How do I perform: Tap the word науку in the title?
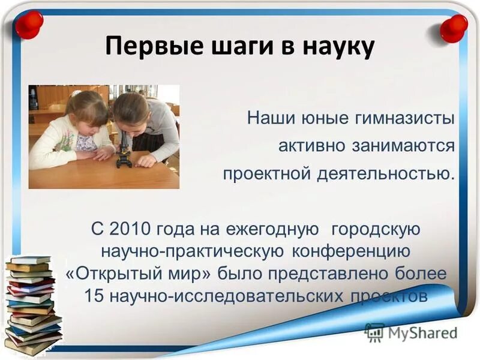tap(333, 46)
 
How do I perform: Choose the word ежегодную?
tap(270, 229)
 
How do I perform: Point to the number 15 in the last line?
tap(94, 296)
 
